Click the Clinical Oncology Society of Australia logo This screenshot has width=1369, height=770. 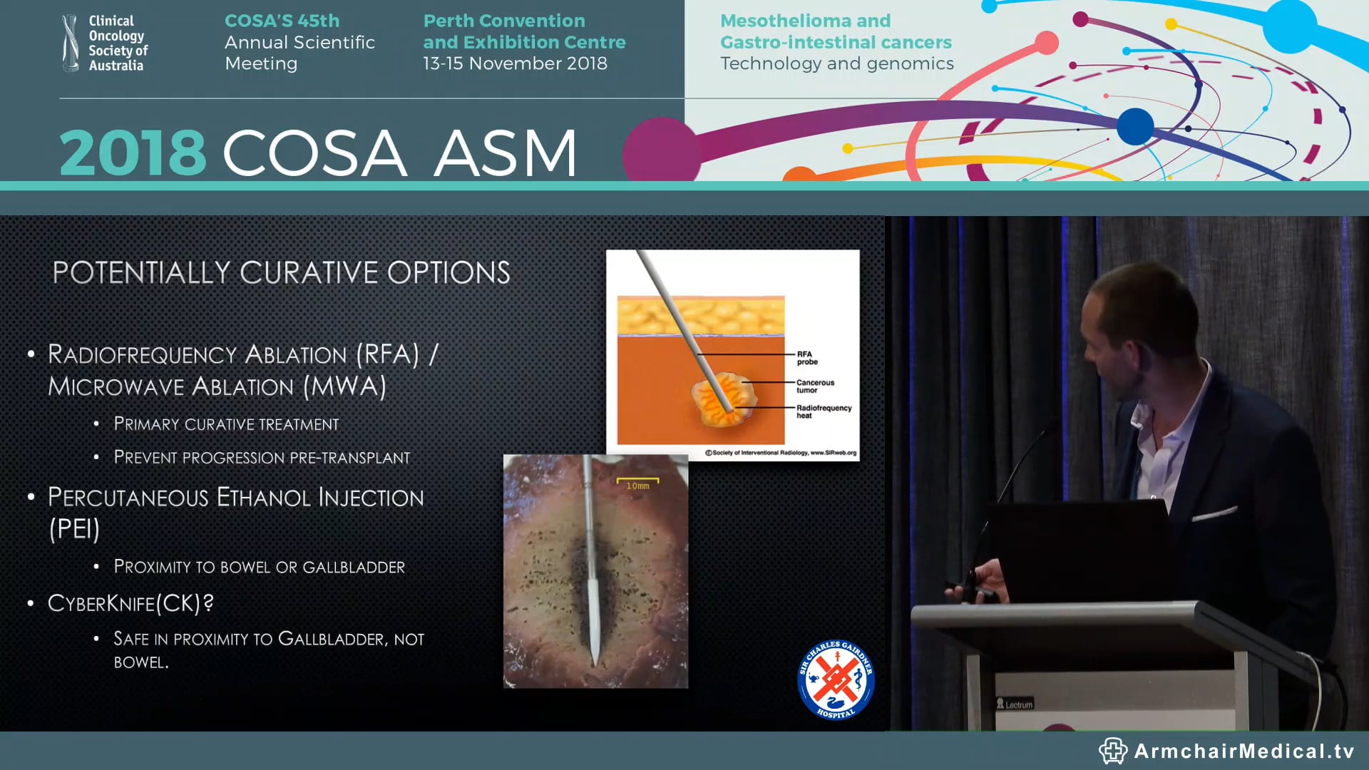(105, 43)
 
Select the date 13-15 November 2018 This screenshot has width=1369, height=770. (515, 63)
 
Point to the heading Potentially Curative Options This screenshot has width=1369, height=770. (281, 272)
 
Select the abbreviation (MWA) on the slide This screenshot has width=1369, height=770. (344, 386)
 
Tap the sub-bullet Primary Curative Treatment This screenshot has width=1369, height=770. (226, 424)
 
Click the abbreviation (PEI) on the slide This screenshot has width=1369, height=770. (74, 529)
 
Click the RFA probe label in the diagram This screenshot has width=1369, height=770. (806, 358)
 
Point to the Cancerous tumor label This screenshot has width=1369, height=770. (815, 386)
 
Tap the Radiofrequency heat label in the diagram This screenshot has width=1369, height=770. (824, 411)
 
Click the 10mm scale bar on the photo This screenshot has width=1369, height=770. (637, 483)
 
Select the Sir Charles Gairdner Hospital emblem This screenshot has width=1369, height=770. (836, 679)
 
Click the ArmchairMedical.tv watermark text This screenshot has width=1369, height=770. (1244, 751)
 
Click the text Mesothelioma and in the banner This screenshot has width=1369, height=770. (805, 21)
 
